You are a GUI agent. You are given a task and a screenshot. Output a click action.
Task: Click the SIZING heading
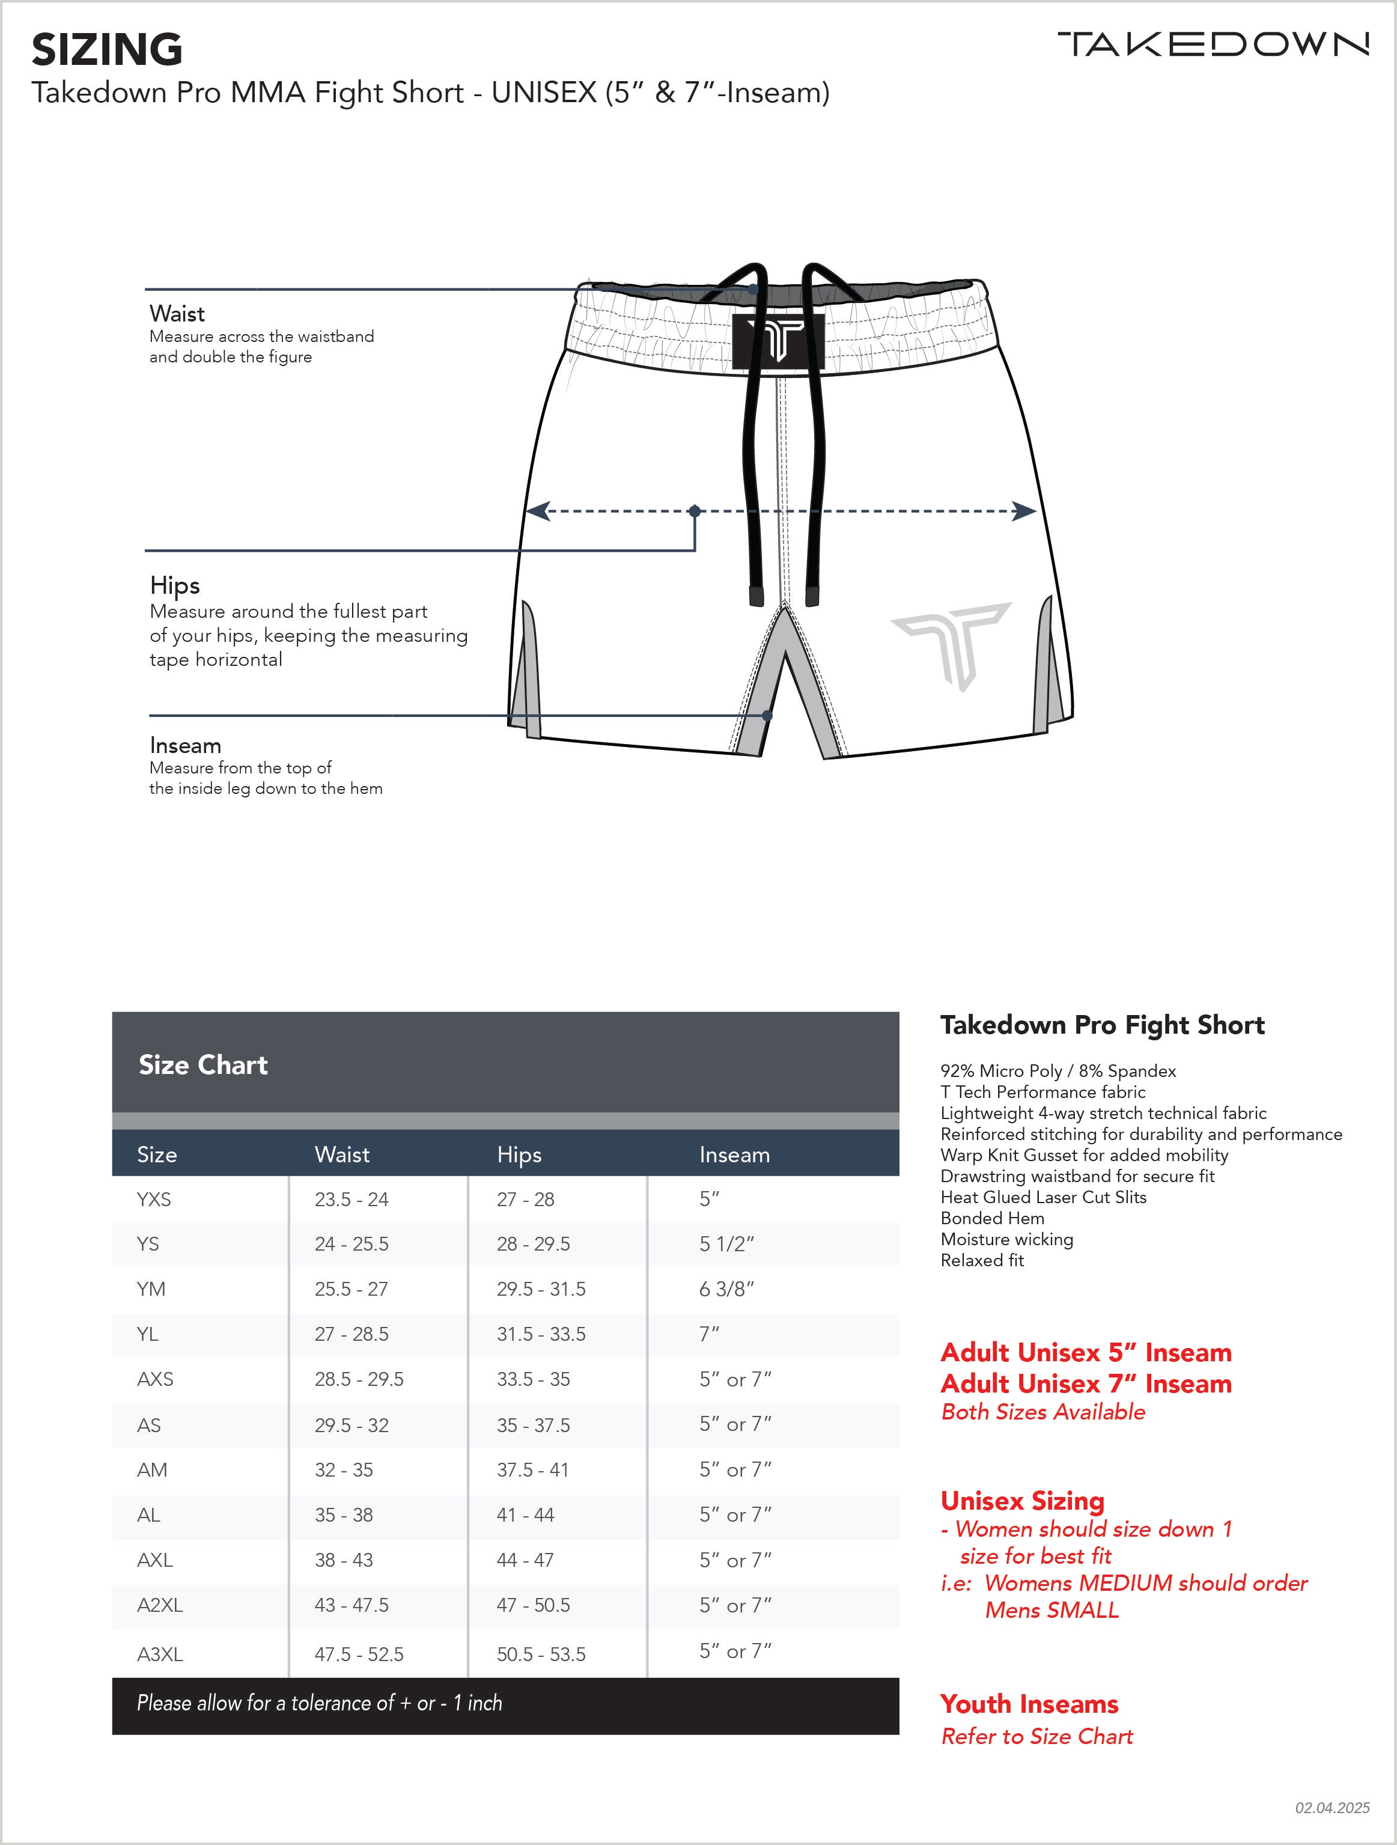[107, 50]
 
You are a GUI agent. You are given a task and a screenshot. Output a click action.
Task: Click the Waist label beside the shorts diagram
[177, 314]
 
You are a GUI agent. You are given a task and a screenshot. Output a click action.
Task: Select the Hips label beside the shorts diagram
[174, 585]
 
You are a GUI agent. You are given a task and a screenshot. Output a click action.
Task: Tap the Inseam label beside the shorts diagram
[185, 746]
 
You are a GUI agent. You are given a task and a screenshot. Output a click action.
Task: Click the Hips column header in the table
[519, 1154]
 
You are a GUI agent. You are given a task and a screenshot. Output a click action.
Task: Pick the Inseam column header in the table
[734, 1154]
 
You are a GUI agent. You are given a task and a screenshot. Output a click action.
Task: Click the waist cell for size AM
[344, 1469]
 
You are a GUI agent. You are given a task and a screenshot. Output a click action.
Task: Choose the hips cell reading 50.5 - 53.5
[541, 1654]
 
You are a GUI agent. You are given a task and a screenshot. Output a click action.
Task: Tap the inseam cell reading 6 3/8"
[726, 1288]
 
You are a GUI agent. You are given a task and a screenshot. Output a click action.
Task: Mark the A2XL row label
[159, 1605]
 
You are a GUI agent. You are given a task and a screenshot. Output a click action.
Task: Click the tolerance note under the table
[320, 1703]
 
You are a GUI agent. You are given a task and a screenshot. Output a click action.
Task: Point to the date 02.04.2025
[1332, 1808]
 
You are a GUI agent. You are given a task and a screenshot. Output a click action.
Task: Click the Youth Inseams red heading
[1029, 1704]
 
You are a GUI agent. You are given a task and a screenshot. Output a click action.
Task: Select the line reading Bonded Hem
[993, 1219]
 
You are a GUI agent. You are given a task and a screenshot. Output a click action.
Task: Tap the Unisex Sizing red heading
[1023, 1501]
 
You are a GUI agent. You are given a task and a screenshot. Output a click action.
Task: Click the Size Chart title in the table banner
[202, 1065]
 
